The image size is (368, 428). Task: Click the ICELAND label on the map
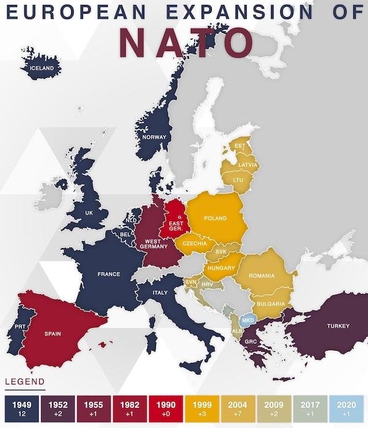(x=42, y=67)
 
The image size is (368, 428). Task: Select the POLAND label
(x=215, y=218)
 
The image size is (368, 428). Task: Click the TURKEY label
(x=338, y=325)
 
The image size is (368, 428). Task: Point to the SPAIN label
(x=52, y=333)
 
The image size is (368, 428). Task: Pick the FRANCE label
(x=109, y=274)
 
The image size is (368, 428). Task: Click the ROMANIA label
(x=261, y=276)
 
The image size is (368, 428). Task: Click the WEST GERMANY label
(x=150, y=243)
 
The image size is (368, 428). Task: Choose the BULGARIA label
(x=270, y=304)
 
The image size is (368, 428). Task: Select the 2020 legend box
(x=346, y=408)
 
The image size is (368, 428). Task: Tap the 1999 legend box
(x=202, y=408)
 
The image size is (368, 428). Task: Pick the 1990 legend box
(x=166, y=408)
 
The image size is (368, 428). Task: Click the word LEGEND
(x=25, y=383)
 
